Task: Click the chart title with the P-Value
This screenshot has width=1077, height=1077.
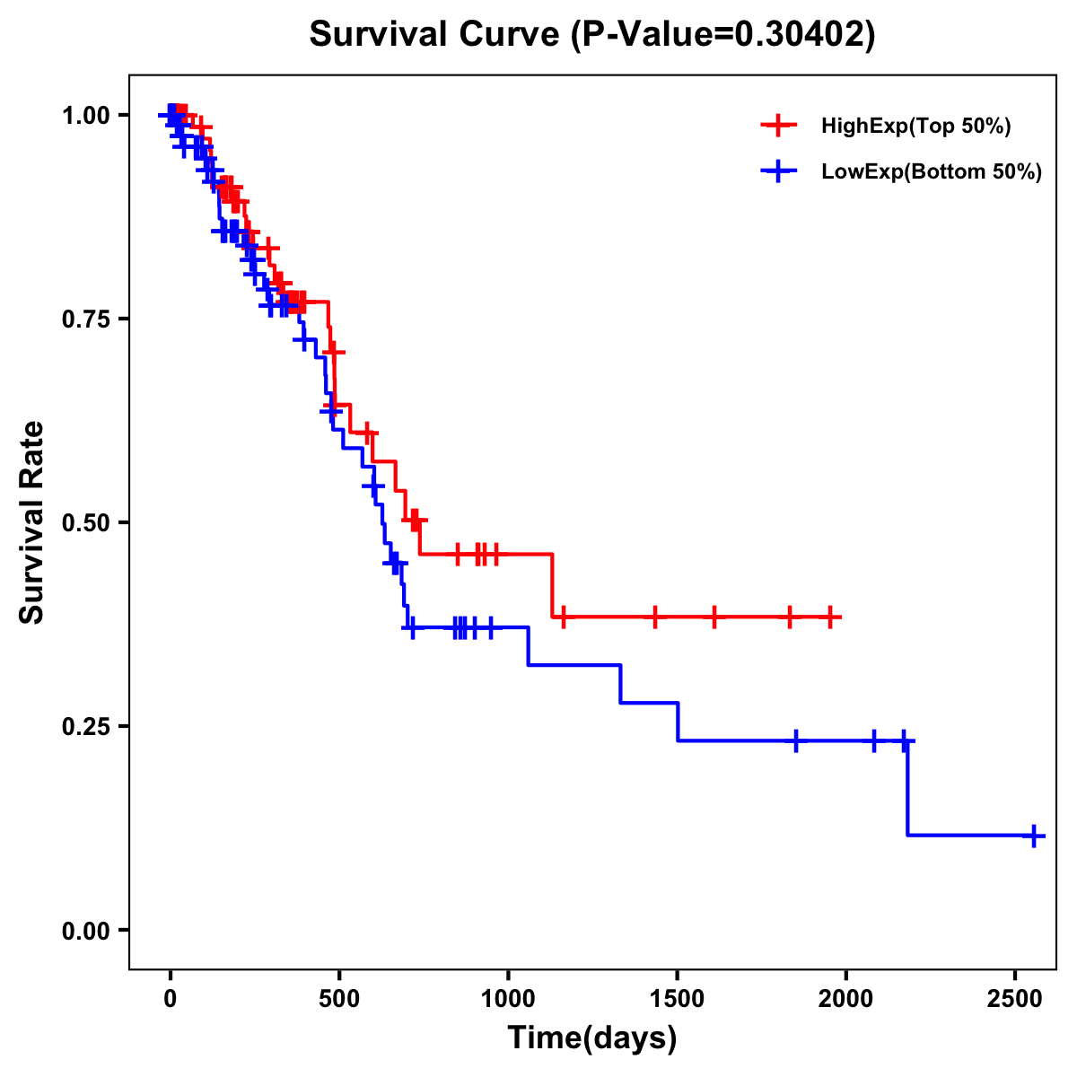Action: point(591,34)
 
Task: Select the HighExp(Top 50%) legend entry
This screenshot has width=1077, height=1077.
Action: point(915,127)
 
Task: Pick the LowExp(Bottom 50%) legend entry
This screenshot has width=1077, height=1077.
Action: point(931,172)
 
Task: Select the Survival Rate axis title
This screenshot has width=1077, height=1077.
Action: point(32,522)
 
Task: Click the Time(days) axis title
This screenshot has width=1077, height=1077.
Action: point(592,1038)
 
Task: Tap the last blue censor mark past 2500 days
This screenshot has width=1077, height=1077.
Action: point(1033,836)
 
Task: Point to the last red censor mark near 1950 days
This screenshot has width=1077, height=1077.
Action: point(831,617)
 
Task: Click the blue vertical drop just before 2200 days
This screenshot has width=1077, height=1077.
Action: point(907,788)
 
